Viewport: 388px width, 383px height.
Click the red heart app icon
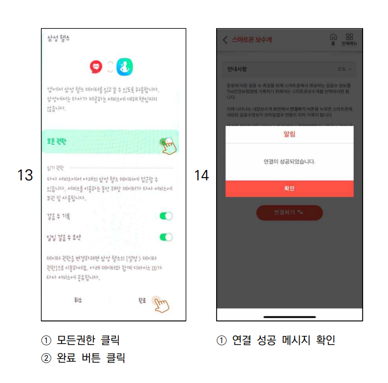pos(96,68)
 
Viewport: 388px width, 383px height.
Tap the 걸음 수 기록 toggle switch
pos(166,216)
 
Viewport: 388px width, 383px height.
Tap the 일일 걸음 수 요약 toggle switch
pos(166,237)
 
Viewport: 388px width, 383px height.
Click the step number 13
pos(25,175)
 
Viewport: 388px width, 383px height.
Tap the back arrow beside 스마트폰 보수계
pos(225,40)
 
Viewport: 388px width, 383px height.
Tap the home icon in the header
pos(333,38)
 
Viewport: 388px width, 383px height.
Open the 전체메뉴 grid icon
pos(349,38)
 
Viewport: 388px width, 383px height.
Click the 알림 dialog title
pos(290,134)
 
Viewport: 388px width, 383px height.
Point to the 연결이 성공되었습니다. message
pos(290,162)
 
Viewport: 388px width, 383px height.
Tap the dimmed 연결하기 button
pos(290,213)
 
